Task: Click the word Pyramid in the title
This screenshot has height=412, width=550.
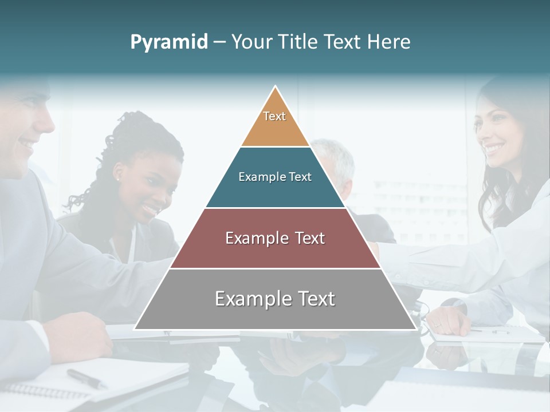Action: (x=168, y=42)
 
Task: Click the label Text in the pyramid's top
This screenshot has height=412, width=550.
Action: (x=274, y=116)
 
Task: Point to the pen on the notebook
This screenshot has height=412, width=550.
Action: (x=86, y=378)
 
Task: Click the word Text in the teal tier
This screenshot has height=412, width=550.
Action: (x=300, y=177)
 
